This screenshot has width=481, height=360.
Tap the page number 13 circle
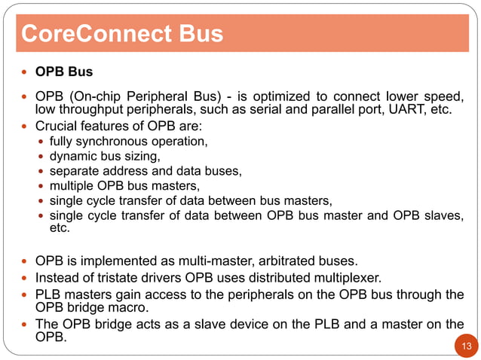(x=465, y=346)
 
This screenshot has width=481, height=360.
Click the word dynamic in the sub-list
(x=72, y=156)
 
